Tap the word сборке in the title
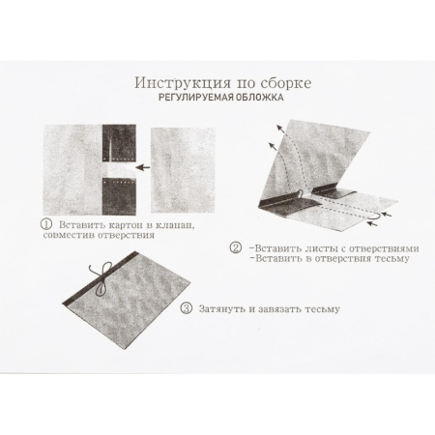point(270,84)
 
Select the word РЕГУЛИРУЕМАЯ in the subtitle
point(199,100)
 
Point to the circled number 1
point(45,223)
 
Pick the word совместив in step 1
point(73,235)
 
